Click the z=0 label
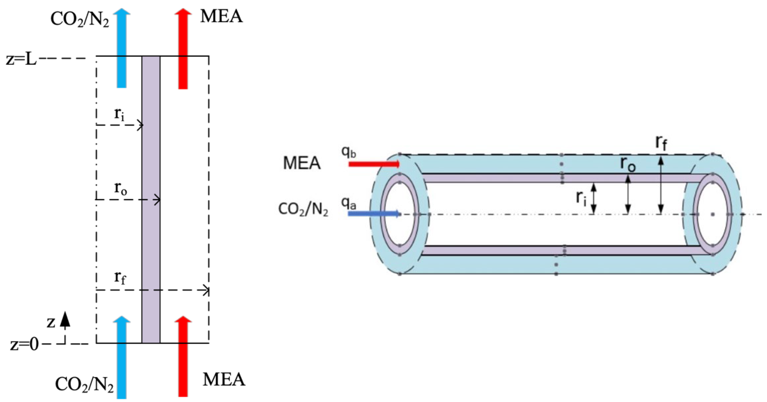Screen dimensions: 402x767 coord(24,345)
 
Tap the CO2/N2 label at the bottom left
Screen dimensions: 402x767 coord(84,385)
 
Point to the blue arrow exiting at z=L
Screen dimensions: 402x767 coord(122,48)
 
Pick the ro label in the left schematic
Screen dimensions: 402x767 coord(120,189)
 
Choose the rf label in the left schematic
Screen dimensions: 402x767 coord(120,278)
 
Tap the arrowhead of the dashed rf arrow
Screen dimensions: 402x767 coord(206,290)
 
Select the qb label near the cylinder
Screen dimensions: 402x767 coord(348,152)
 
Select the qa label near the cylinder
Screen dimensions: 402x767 coord(348,204)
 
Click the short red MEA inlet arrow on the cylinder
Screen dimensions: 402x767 coord(374,164)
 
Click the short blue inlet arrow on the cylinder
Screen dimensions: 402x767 coord(373,213)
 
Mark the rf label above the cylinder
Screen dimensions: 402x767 coord(661,143)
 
